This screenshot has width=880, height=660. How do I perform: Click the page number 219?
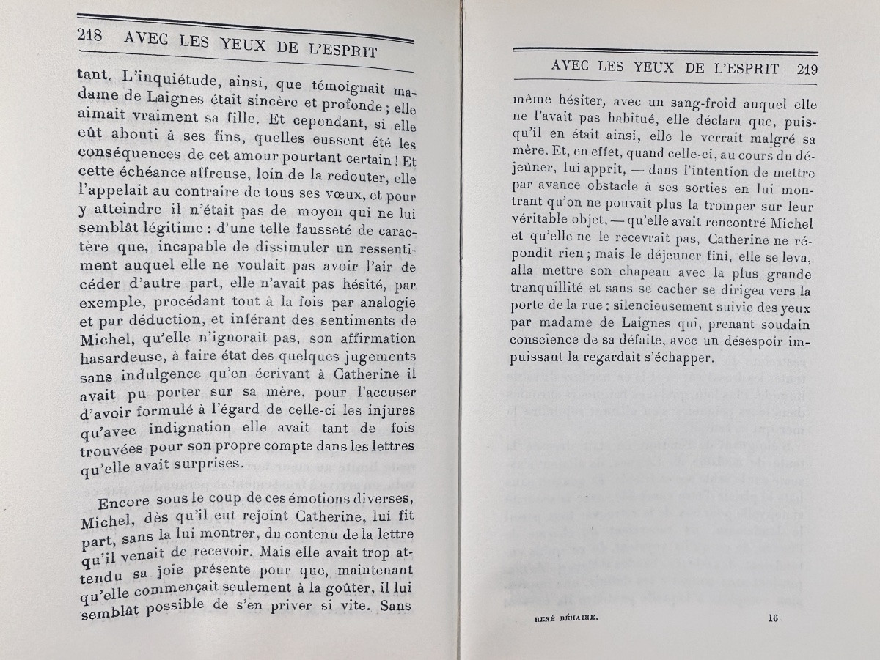[x=806, y=70]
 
